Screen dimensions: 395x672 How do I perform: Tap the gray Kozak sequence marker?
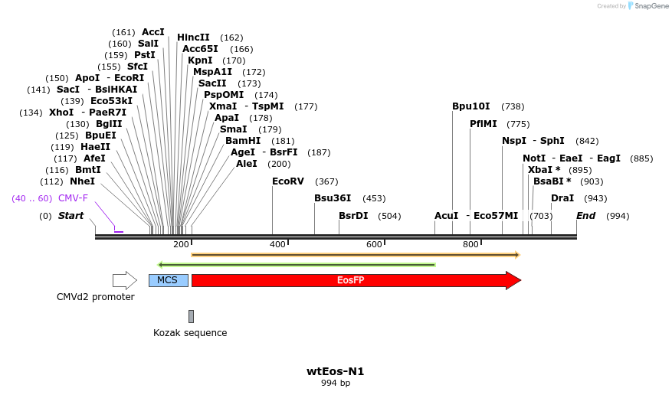[191, 316]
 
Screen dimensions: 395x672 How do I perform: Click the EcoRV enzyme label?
[288, 181]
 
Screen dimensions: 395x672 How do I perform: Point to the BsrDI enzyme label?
[353, 216]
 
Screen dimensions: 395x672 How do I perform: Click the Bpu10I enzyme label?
[470, 106]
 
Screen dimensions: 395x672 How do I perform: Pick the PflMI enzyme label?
[484, 124]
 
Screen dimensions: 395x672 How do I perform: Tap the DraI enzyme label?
[562, 198]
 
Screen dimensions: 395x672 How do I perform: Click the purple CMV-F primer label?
[73, 198]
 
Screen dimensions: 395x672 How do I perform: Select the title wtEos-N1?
[335, 372]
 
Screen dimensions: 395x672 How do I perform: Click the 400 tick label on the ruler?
[277, 244]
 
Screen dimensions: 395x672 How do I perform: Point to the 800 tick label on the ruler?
[470, 244]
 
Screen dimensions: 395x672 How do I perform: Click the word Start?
[70, 216]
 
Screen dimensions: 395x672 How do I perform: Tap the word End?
[585, 216]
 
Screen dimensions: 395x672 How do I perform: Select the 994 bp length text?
[335, 384]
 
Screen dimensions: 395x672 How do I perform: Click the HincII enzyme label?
[193, 38]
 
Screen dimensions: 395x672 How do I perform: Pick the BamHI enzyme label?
[242, 141]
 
